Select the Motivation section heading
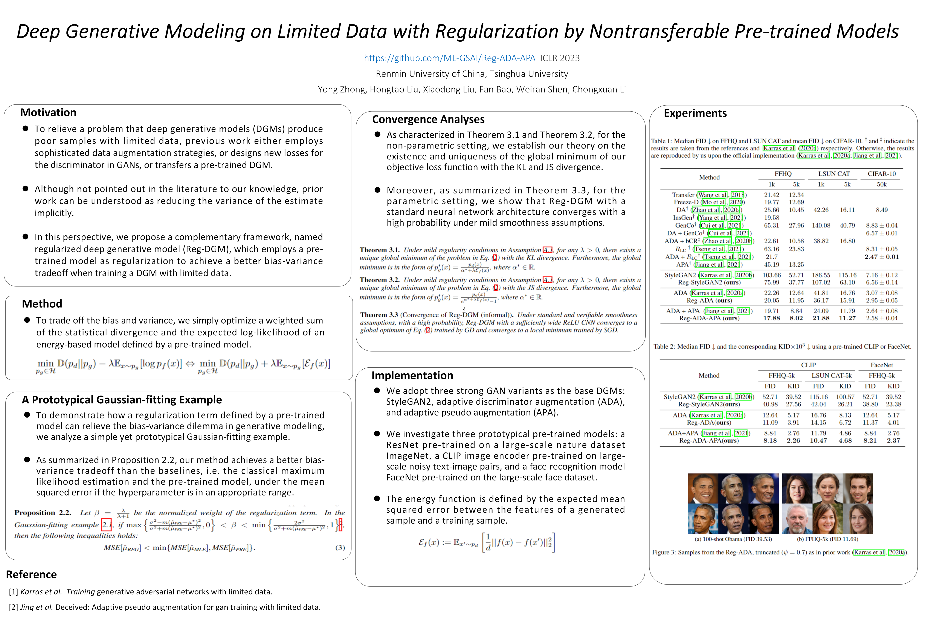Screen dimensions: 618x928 tap(48, 113)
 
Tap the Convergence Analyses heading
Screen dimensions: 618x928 tap(428, 120)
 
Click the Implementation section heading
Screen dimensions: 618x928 tap(412, 376)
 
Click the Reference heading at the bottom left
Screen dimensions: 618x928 tap(32, 575)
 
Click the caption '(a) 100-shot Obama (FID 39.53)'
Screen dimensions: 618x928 tap(733, 539)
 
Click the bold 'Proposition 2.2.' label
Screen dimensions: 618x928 tap(43, 513)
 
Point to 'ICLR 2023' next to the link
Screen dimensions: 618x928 tap(560, 58)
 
